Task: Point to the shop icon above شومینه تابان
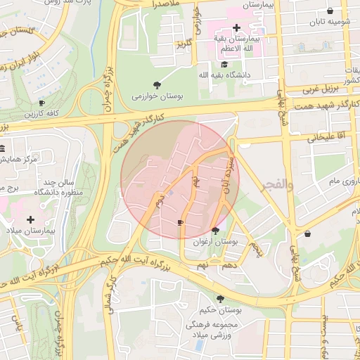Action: point(330,11)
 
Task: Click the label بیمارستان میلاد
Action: point(26,231)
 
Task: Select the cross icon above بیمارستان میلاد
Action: point(30,219)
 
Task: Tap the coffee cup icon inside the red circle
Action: point(180,223)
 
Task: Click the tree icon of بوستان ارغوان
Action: point(215,230)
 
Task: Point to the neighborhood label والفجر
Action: point(277,184)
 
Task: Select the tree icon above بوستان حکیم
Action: point(210,299)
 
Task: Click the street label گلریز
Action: point(184,45)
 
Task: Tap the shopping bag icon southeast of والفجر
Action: point(307,233)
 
